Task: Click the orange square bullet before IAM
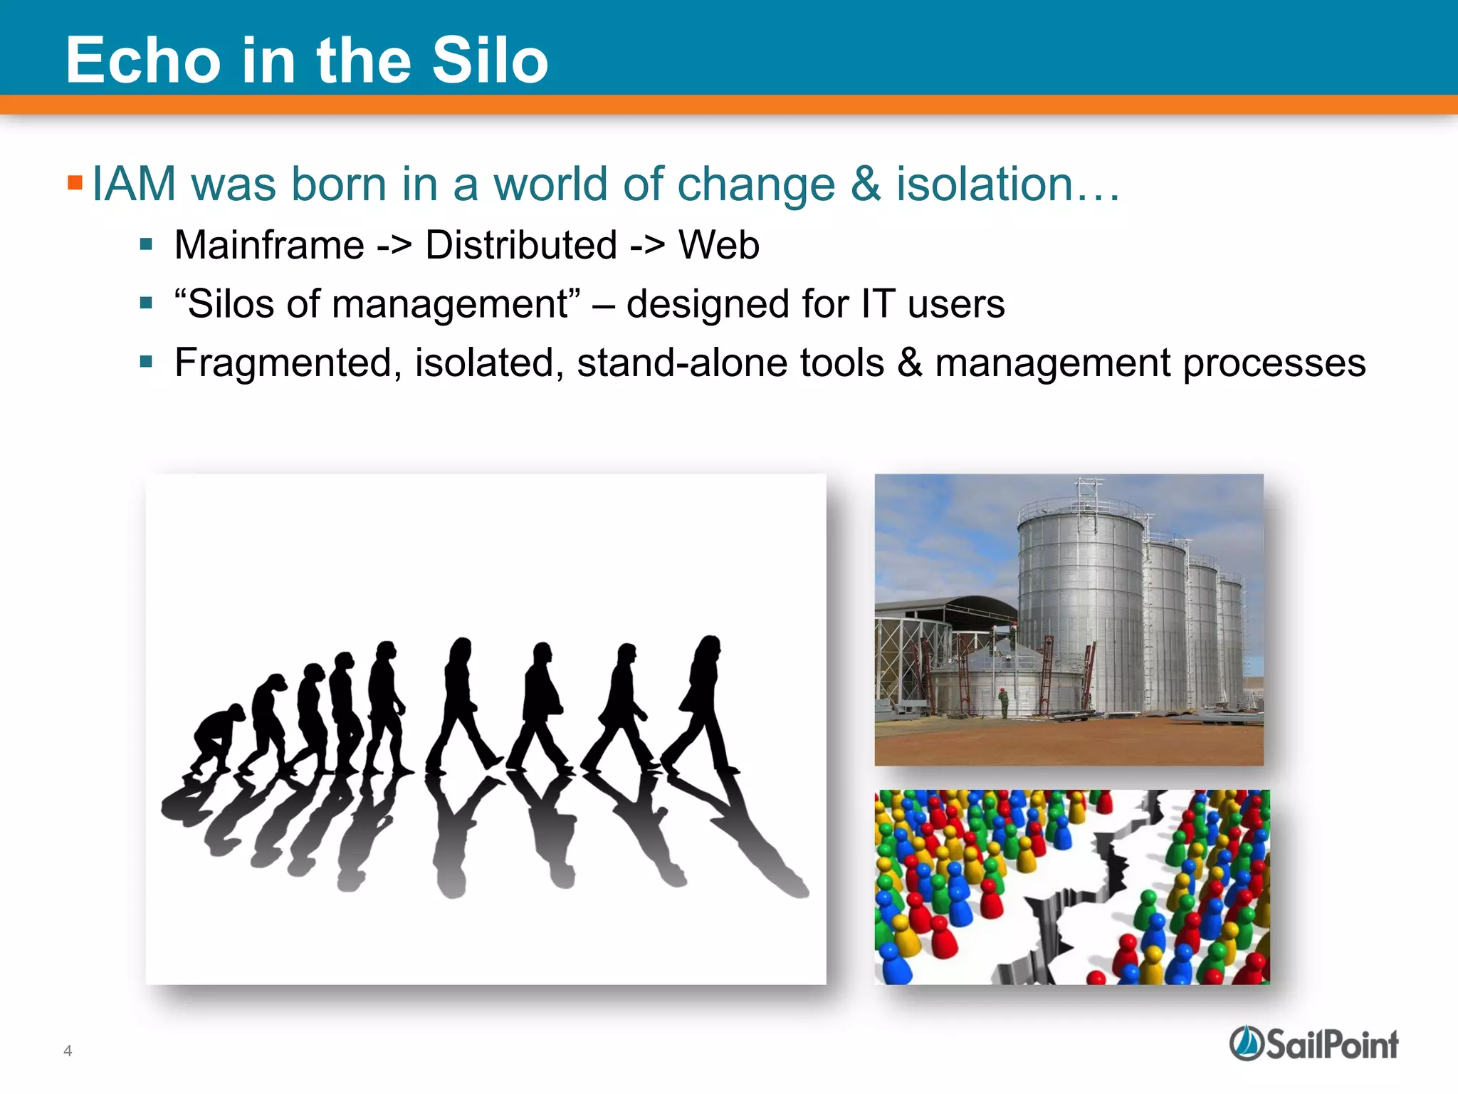point(75,183)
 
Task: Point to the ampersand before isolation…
point(865,184)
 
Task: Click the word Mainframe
point(269,245)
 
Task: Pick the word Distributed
point(520,245)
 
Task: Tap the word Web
point(718,245)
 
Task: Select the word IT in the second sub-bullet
point(877,304)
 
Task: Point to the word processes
point(1274,363)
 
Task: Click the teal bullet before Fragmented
point(147,362)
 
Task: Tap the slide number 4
point(68,1051)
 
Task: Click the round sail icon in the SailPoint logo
point(1247,1043)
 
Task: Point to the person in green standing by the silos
point(1004,703)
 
